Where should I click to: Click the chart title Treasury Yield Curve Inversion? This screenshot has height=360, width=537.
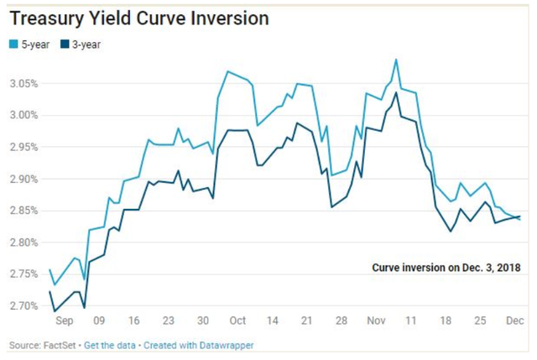[139, 18]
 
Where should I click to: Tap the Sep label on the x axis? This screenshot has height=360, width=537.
[65, 320]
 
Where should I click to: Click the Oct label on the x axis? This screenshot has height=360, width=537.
[237, 320]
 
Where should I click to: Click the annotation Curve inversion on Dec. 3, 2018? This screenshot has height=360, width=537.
[446, 268]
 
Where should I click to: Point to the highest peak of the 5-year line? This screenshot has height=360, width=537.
[395, 60]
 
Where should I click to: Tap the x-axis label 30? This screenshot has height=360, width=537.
[202, 320]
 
